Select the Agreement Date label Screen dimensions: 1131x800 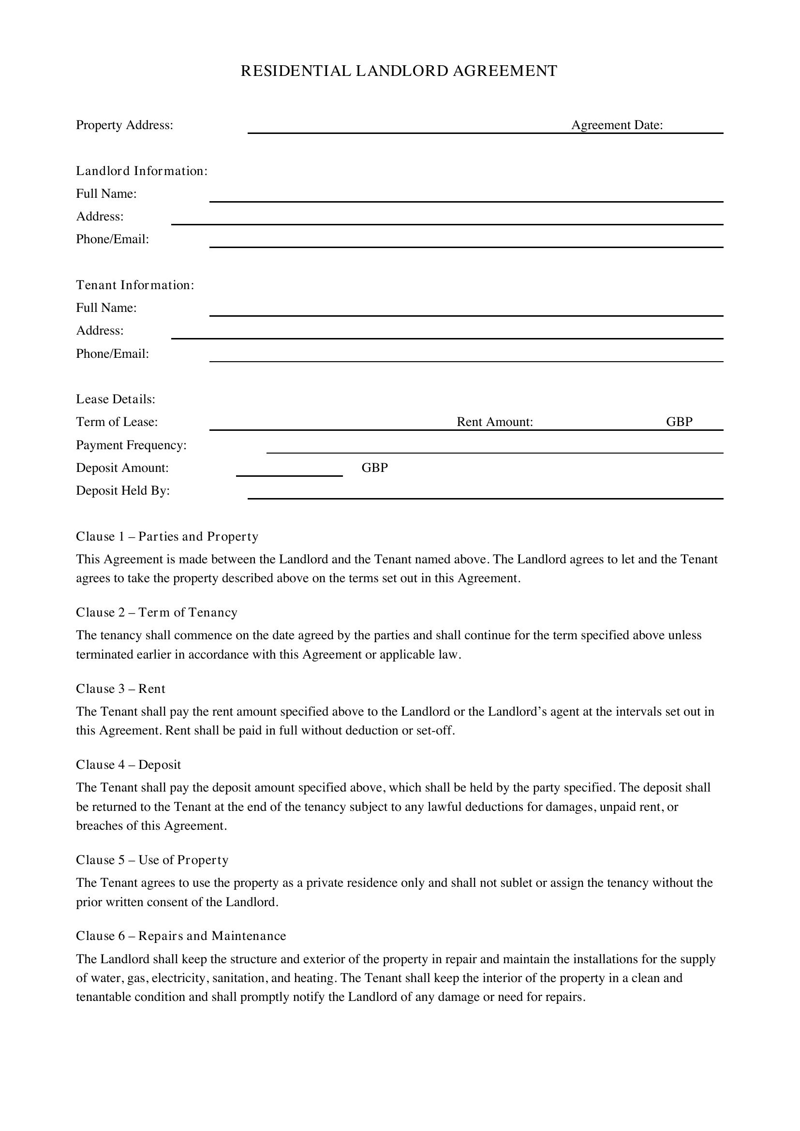click(x=617, y=125)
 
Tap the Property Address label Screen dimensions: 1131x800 click(x=125, y=125)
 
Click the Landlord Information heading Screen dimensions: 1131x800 click(x=141, y=171)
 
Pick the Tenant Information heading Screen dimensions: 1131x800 click(x=135, y=285)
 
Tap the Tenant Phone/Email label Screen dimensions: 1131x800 click(x=112, y=353)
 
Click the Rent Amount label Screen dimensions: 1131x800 click(x=495, y=422)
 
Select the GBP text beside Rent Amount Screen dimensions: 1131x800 click(x=679, y=422)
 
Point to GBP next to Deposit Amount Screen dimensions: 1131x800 click(x=374, y=468)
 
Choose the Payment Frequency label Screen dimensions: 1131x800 click(x=131, y=445)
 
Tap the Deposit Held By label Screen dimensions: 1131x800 click(x=123, y=491)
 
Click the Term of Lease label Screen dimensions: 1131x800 click(x=117, y=422)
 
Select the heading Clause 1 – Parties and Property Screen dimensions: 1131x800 click(x=167, y=536)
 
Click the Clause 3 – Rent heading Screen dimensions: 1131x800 click(x=121, y=689)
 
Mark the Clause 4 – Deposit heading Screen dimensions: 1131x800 click(x=128, y=764)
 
